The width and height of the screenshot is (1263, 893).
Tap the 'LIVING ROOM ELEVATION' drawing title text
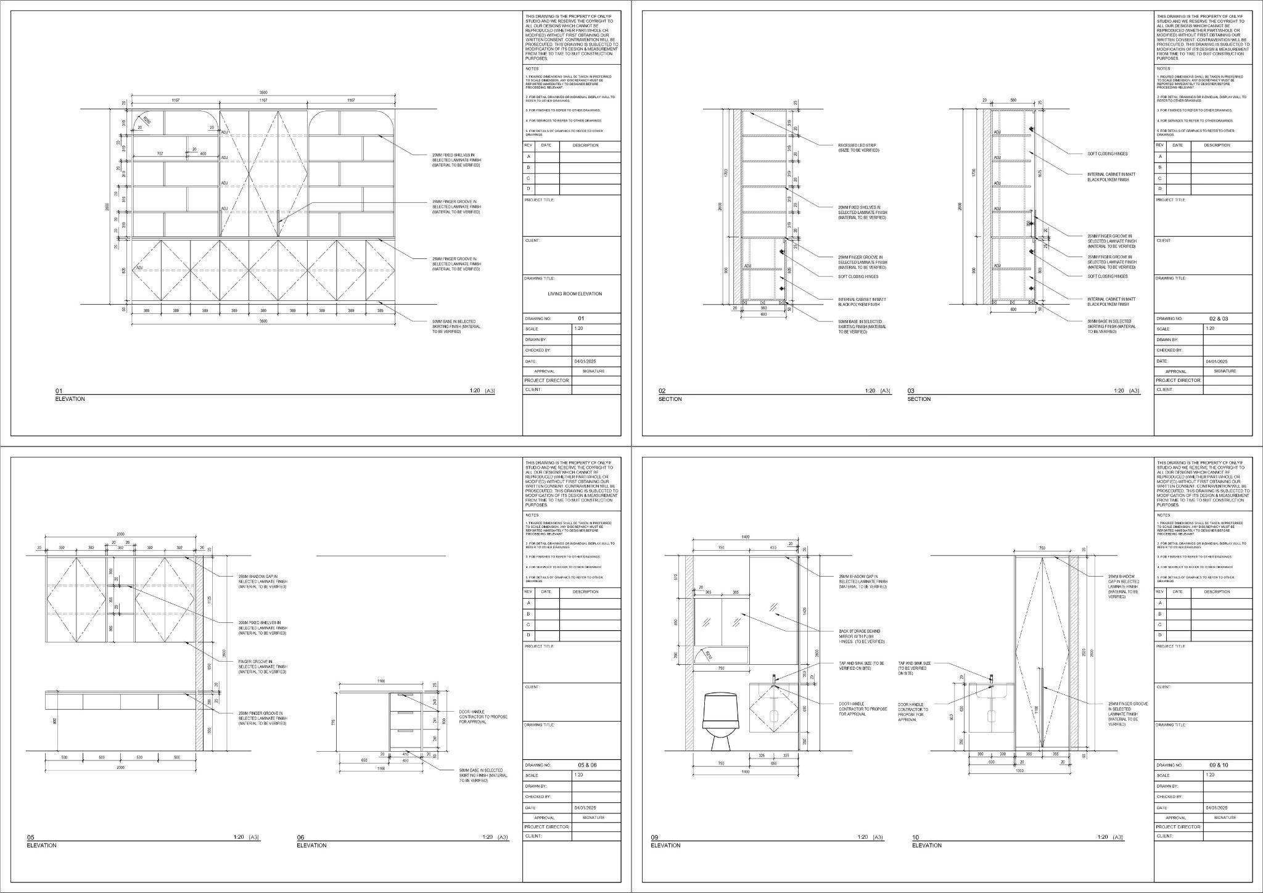point(575,294)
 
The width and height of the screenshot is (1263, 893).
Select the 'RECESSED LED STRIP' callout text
point(858,148)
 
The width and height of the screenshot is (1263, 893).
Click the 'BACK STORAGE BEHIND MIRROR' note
point(860,636)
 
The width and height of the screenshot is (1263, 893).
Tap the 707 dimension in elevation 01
point(160,153)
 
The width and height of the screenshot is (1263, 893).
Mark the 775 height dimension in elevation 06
point(334,722)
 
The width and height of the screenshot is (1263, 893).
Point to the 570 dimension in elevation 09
point(677,577)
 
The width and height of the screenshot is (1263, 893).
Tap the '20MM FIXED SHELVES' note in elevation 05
point(262,628)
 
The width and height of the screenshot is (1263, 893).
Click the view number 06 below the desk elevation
point(300,837)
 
